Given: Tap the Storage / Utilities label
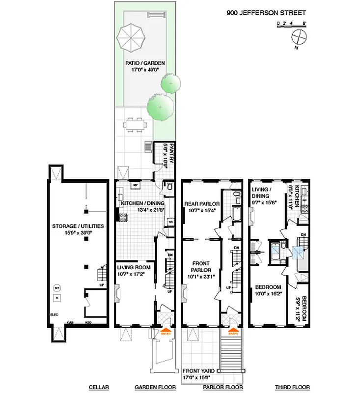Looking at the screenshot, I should [x=78, y=229].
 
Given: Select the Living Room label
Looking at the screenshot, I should [x=133, y=270].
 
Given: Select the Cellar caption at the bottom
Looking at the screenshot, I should [x=98, y=387].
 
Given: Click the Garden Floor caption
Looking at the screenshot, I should [x=155, y=387].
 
